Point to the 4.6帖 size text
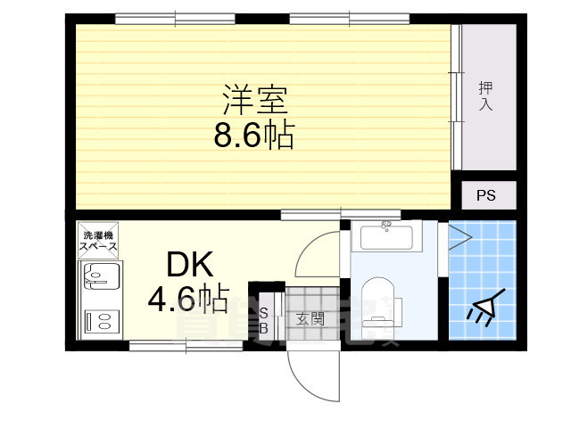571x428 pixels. coord(188,299)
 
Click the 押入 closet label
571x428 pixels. coord(486,96)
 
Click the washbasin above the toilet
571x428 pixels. coord(386,238)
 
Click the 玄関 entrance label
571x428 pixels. coord(310,319)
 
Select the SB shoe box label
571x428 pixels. coord(263,319)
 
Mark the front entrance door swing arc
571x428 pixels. coord(312,374)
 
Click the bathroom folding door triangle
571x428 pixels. coord(460,237)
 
